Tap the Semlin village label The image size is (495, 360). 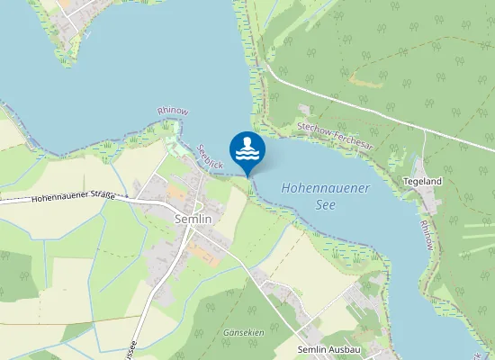[x=193, y=219]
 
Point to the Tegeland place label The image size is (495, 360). [x=423, y=181]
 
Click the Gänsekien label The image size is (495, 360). [x=243, y=332]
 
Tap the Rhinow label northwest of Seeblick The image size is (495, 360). [x=173, y=111]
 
